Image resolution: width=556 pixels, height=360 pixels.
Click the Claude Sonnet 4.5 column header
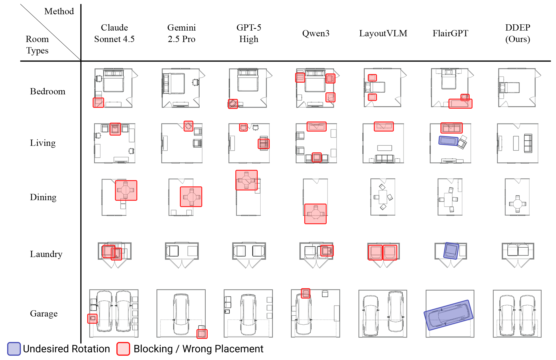114,33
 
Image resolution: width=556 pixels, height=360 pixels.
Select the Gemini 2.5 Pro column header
181,33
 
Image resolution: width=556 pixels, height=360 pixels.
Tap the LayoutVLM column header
383,33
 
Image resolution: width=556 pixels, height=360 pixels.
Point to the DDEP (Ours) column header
517,33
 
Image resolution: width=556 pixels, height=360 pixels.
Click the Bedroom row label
47,91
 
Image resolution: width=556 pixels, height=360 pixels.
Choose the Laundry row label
46,254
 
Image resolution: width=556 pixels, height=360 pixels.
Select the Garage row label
44,313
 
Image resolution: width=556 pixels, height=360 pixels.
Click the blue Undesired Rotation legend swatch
14,349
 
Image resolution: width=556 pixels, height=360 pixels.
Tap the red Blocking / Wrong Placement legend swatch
123,349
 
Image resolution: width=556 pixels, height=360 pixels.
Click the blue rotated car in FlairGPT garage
448,315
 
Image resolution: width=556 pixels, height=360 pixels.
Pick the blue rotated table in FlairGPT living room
448,141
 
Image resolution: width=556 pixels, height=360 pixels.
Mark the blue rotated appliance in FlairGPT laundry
451,251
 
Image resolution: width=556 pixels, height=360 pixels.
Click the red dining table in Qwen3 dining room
315,214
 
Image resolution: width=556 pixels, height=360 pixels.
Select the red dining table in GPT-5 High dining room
246,180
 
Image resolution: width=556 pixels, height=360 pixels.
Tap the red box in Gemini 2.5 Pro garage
202,334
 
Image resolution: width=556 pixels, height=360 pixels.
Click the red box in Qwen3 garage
305,293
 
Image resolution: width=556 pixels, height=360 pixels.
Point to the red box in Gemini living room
188,126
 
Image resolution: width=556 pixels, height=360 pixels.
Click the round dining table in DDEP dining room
517,204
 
